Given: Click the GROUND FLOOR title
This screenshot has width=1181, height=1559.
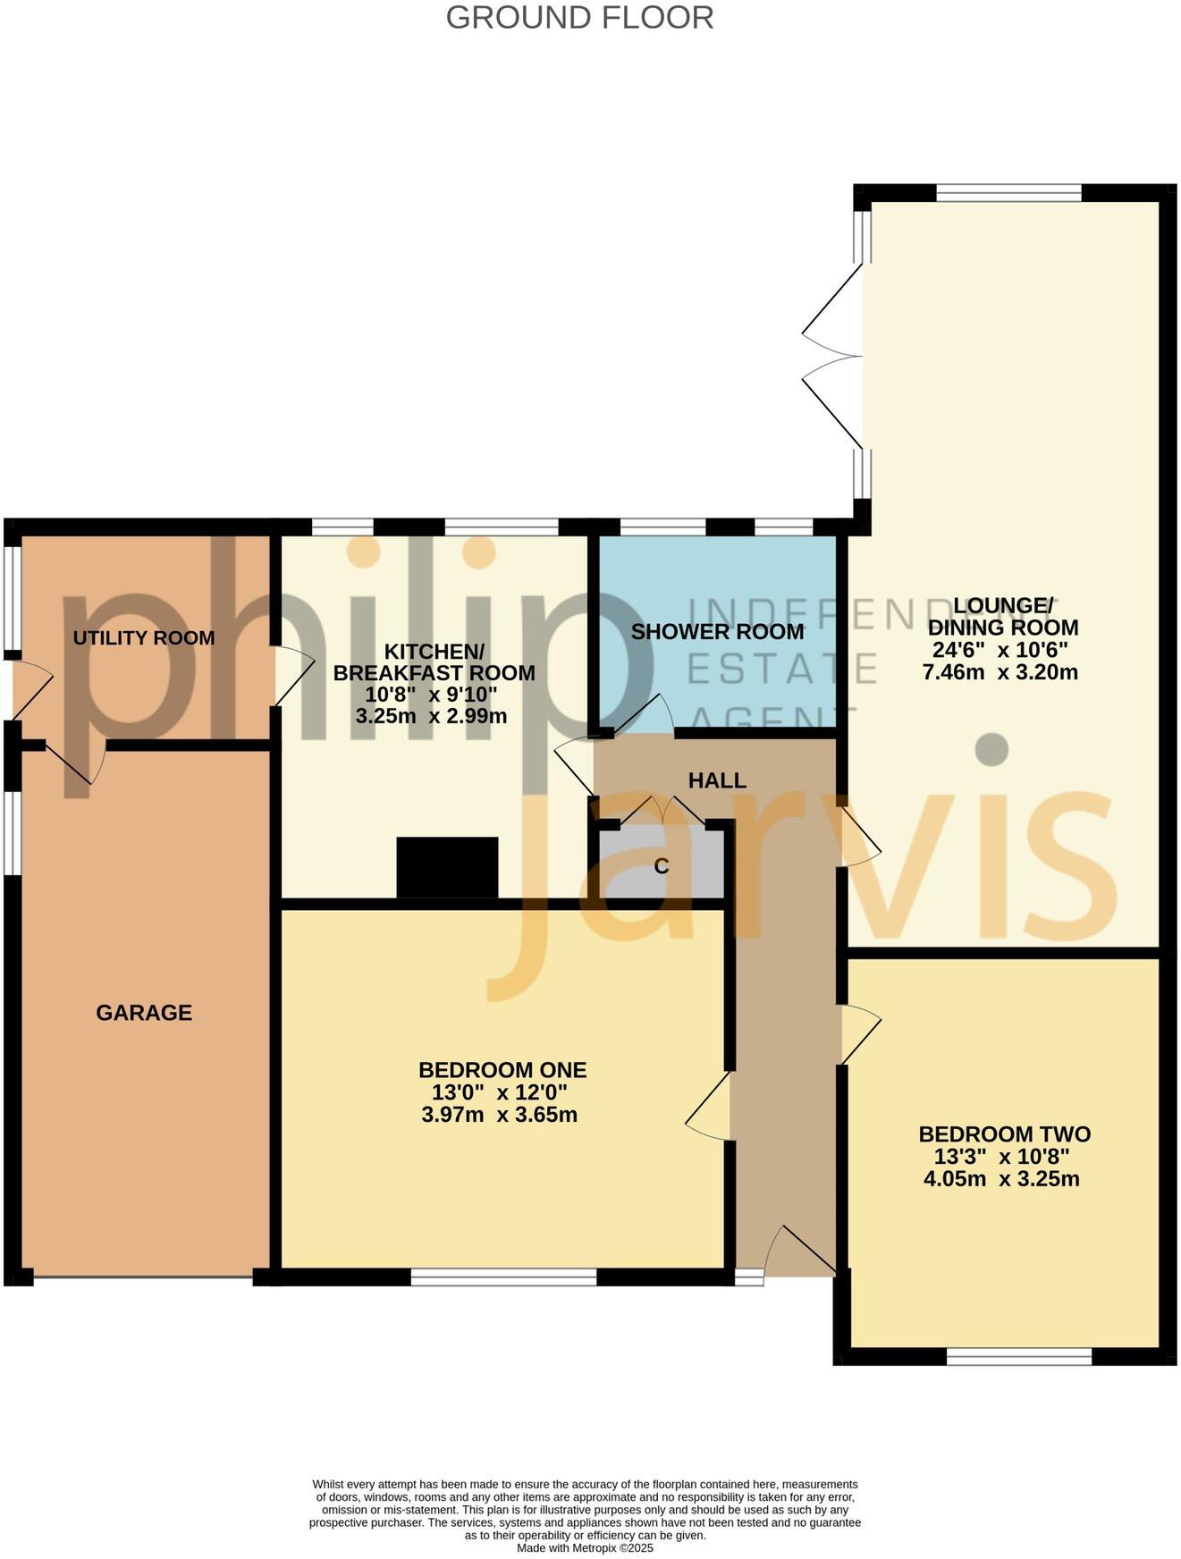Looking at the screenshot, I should coord(579,18).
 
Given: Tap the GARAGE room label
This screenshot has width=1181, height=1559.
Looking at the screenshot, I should coord(144,1013).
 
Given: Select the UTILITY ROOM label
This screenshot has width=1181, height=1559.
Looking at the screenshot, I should coord(143,638).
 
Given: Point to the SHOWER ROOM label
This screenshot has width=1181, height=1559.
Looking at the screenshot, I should coord(717,632).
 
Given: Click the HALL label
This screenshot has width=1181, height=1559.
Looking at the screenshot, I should coord(717,780).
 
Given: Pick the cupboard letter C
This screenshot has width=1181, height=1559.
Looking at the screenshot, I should coord(662,866).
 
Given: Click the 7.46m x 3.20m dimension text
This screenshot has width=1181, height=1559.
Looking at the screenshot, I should coord(1000,672).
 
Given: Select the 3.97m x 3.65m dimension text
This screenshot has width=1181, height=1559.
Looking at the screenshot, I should coord(499,1115).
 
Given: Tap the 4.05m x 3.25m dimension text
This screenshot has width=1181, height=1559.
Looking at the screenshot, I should coord(1001,1179).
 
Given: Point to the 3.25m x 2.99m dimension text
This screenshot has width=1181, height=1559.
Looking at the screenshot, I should coord(431,716).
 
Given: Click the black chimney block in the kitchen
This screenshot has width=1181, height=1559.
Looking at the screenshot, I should coord(447,867).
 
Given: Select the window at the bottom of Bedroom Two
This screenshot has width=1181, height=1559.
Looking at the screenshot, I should coord(1019,1356).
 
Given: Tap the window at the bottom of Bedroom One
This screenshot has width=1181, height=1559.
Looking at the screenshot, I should coord(503,1277).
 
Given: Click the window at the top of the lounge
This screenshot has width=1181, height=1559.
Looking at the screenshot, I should coord(1008,192).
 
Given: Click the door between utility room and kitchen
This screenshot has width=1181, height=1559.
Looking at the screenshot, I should coord(292,676).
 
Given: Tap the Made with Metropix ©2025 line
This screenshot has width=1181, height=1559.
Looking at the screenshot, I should coord(585,1547).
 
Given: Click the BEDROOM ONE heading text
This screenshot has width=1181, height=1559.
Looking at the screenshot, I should coord(502,1070).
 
